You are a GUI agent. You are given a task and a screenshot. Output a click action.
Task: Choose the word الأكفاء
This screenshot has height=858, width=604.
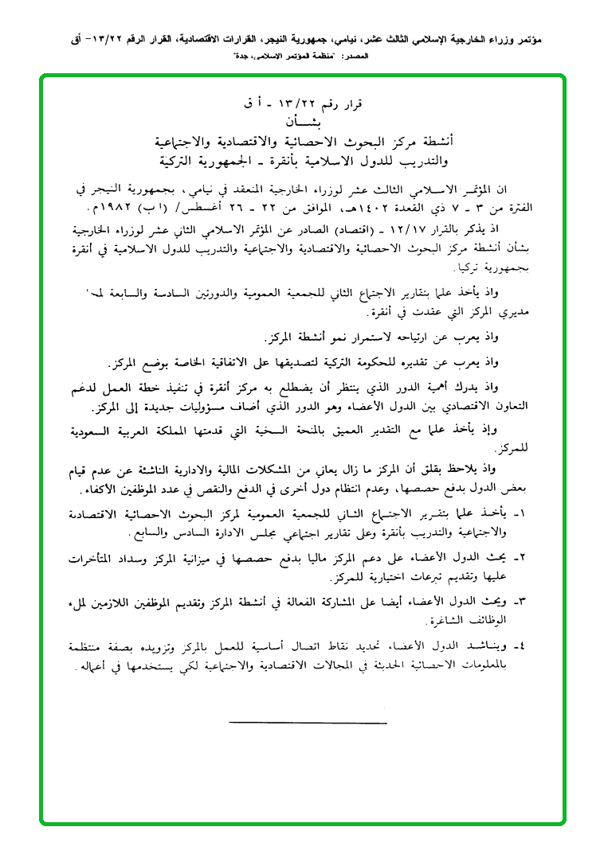pos(107,483)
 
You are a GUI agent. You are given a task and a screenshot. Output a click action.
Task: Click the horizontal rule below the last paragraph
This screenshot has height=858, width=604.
pos(308,723)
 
